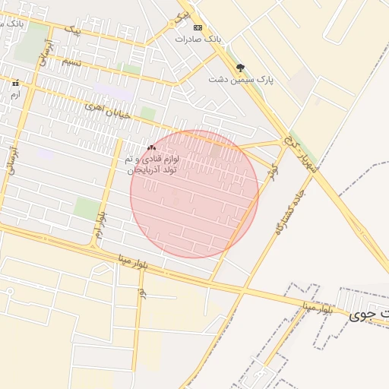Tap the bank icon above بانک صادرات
(x=198, y=27)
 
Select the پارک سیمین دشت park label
(x=241, y=79)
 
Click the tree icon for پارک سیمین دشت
(x=241, y=68)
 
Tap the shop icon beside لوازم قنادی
(x=151, y=147)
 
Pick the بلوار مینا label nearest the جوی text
(x=317, y=308)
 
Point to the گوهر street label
(x=274, y=172)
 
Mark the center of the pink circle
(x=194, y=194)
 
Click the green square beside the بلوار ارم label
(x=86, y=209)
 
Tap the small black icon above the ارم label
(x=14, y=83)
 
